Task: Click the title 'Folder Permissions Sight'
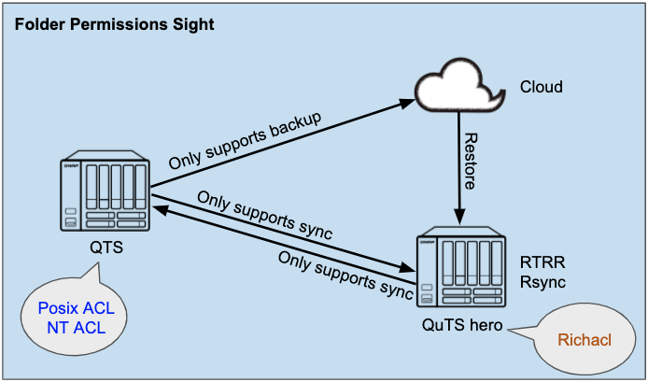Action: click(115, 22)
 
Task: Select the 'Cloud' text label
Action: click(542, 88)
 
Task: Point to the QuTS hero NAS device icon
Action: click(460, 270)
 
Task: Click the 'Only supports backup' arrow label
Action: click(245, 141)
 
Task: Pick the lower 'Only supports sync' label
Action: click(345, 272)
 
